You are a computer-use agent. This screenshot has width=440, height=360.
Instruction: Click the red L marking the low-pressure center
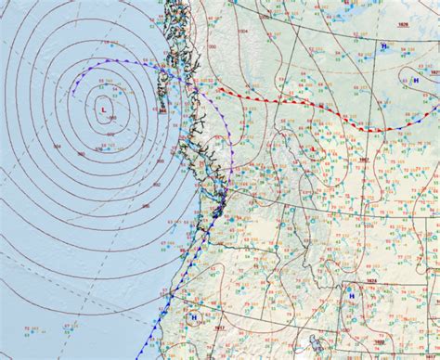(102, 109)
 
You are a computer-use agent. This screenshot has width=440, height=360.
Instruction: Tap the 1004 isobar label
(214, 46)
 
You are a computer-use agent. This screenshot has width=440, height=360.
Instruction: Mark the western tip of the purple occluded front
(74, 91)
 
